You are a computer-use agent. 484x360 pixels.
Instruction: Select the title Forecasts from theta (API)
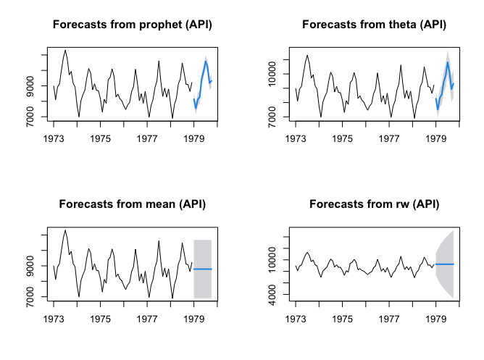pos(375,25)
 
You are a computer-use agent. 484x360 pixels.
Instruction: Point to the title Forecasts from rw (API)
pos(375,204)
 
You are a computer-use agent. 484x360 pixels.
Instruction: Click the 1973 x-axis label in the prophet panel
pos(54,138)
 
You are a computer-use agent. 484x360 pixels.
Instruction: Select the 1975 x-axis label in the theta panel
pos(343,138)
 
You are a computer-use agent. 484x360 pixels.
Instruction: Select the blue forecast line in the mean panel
pos(203,269)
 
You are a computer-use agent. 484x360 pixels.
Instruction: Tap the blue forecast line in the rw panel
pos(445,264)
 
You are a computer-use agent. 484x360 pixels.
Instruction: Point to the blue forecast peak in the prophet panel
pos(206,62)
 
